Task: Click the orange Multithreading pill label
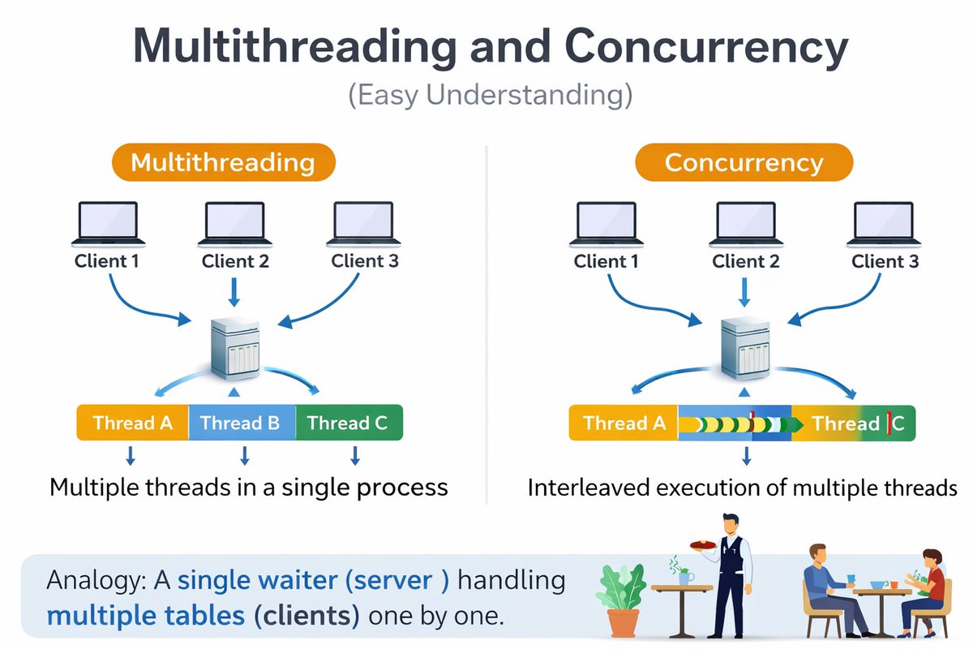point(224,162)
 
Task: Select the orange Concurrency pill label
point(744,162)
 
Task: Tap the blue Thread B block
point(242,423)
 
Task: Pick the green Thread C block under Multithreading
point(349,423)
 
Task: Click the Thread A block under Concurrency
point(624,423)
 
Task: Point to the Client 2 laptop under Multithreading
point(235,224)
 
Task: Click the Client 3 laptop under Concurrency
point(884,224)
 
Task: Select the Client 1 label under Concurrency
point(606,261)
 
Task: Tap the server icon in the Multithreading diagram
point(235,348)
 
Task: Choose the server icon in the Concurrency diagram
point(745,348)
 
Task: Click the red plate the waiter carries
point(703,544)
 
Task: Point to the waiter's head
point(731,526)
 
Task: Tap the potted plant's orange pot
point(623,622)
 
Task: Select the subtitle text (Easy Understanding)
point(491,95)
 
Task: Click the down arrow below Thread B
point(245,456)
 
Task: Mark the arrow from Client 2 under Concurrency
point(744,292)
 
